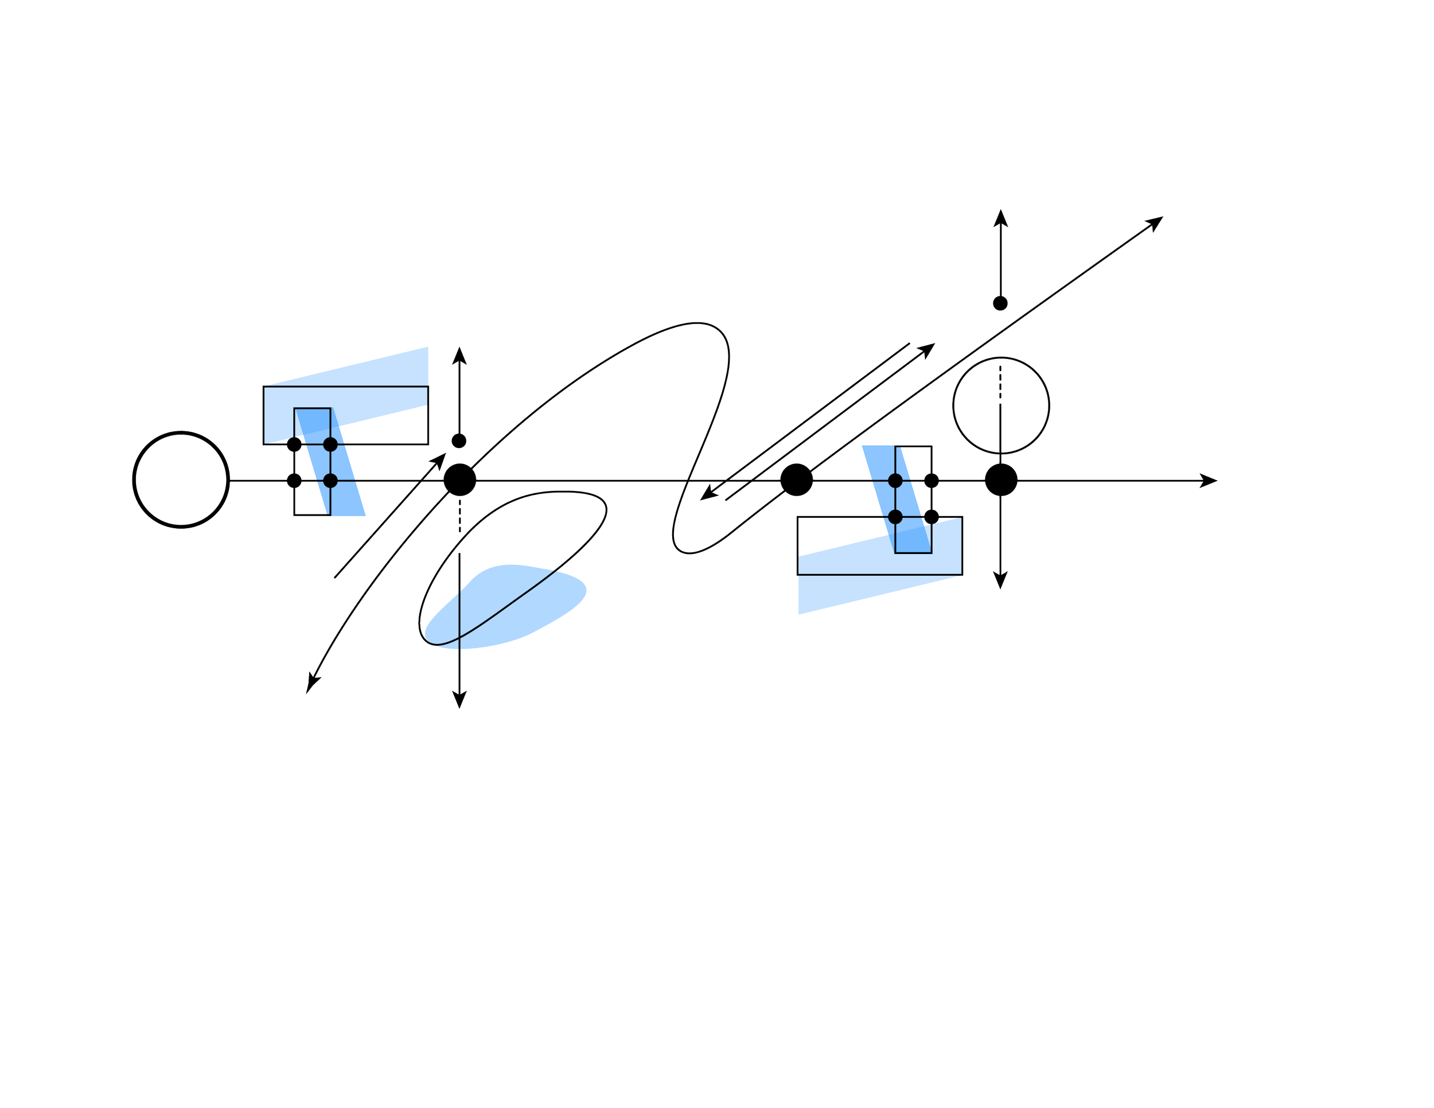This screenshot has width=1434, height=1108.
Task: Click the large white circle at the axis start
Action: coord(181,479)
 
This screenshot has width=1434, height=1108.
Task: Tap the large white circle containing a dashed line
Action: coord(1001,405)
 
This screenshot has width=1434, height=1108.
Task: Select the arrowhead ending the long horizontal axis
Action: coord(1211,481)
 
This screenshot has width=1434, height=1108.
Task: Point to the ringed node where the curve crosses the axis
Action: coord(459,480)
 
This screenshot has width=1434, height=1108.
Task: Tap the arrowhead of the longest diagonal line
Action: coord(1157,221)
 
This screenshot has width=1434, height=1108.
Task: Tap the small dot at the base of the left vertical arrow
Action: coord(459,440)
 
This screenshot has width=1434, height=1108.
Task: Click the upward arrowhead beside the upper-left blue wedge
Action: coord(459,353)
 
